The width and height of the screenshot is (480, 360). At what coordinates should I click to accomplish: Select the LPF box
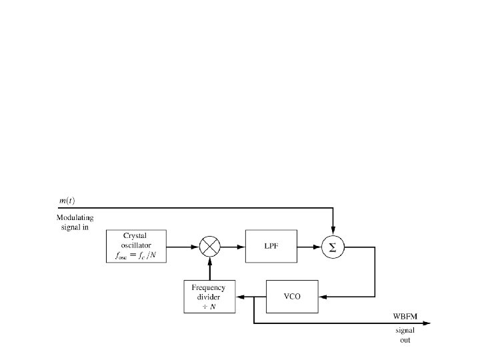click(271, 247)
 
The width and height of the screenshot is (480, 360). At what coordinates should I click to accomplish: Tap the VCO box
click(292, 296)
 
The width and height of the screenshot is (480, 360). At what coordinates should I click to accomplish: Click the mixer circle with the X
click(210, 247)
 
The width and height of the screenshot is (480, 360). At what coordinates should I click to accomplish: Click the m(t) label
click(65, 201)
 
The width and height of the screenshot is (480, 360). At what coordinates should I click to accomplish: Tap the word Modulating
click(75, 218)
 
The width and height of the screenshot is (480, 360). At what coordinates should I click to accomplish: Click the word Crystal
click(135, 236)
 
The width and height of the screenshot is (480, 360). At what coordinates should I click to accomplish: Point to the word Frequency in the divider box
click(209, 287)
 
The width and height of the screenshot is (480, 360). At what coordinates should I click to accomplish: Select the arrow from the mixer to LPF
click(233, 247)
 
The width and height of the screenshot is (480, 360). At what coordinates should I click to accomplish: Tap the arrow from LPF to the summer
click(309, 247)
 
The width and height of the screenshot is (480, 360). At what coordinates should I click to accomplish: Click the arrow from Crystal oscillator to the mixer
click(183, 247)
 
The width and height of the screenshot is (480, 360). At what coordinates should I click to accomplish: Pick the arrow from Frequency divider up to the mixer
click(210, 270)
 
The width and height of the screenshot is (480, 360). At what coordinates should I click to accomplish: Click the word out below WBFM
click(405, 340)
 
